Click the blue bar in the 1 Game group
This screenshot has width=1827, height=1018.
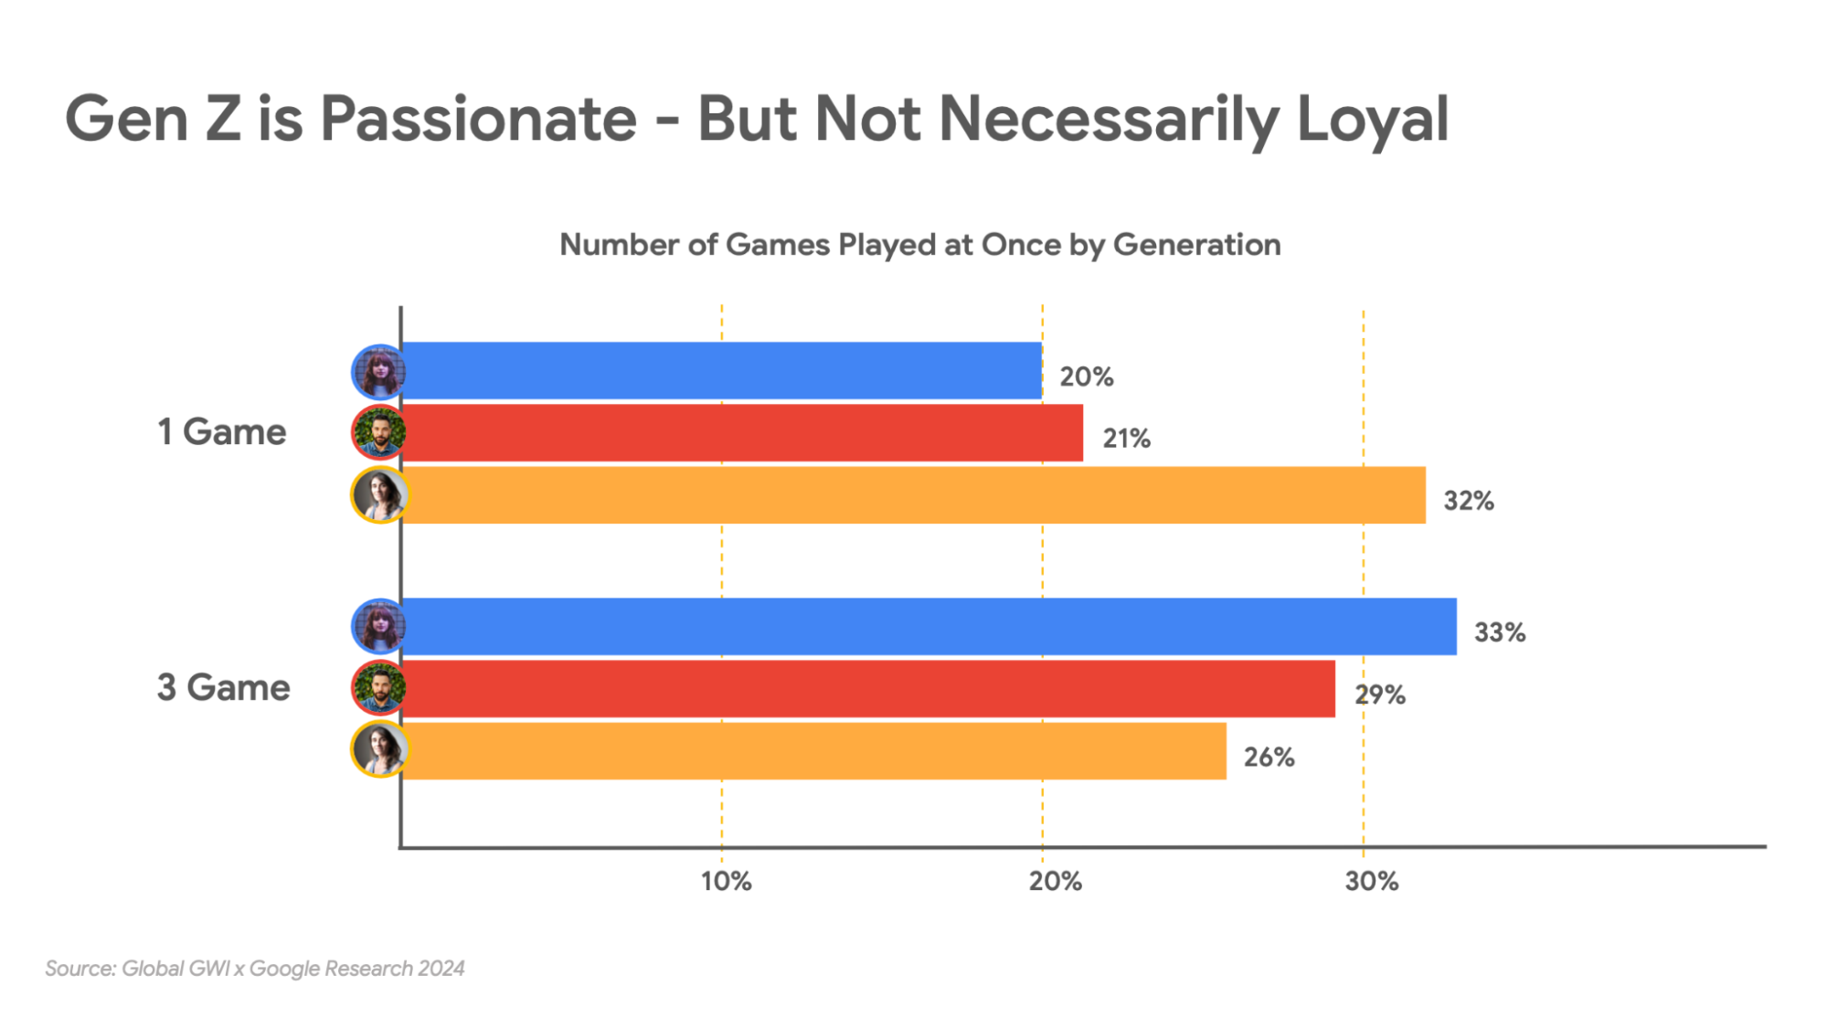pyautogui.click(x=722, y=371)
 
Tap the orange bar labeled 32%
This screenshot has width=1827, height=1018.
pyautogui.click(x=914, y=495)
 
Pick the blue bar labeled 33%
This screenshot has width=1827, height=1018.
pyautogui.click(x=928, y=627)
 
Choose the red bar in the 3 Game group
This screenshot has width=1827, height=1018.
pyautogui.click(x=868, y=689)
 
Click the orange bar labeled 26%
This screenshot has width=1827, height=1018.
pyautogui.click(x=813, y=751)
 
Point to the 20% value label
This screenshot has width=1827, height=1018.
pyautogui.click(x=1086, y=376)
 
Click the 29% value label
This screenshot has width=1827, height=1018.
pyautogui.click(x=1379, y=695)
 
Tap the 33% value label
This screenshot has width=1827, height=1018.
pyautogui.click(x=1499, y=632)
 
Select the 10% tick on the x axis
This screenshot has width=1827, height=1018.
pyautogui.click(x=726, y=881)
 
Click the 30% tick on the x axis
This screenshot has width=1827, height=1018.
pyautogui.click(x=1371, y=881)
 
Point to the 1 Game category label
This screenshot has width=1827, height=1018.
pyautogui.click(x=221, y=431)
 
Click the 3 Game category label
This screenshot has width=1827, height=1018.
pyautogui.click(x=223, y=687)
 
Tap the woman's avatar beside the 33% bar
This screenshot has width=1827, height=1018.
pyautogui.click(x=379, y=627)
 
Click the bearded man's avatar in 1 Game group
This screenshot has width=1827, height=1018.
pyautogui.click(x=378, y=432)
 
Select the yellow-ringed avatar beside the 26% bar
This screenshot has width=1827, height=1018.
pyautogui.click(x=379, y=749)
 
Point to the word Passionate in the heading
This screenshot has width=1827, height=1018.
pyautogui.click(x=478, y=119)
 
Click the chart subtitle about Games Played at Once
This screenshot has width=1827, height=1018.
pyautogui.click(x=919, y=245)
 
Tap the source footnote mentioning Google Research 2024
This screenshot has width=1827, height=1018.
pyautogui.click(x=255, y=968)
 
